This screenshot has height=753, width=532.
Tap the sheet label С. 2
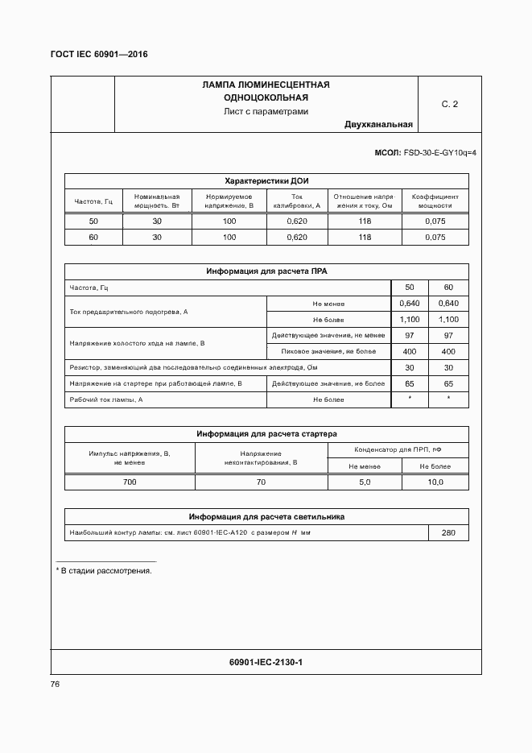pyautogui.click(x=449, y=105)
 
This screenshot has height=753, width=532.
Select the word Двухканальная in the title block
pyautogui.click(x=378, y=124)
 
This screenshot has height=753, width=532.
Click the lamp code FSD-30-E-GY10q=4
pyautogui.click(x=439, y=152)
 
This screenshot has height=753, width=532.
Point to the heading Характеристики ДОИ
pyautogui.click(x=266, y=180)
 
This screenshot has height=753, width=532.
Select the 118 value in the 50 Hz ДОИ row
pyautogui.click(x=365, y=221)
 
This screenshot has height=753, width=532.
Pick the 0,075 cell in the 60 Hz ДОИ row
pyautogui.click(x=435, y=238)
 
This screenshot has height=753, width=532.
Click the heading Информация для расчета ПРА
pyautogui.click(x=266, y=271)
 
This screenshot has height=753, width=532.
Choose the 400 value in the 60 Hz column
pyautogui.click(x=448, y=352)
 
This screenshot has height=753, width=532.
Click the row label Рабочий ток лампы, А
pyautogui.click(x=106, y=399)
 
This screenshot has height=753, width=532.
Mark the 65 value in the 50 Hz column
pyautogui.click(x=410, y=384)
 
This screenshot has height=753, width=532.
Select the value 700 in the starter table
pyautogui.click(x=130, y=482)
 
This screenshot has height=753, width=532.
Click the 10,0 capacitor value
pyautogui.click(x=435, y=482)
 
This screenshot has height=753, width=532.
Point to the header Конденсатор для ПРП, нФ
pyautogui.click(x=398, y=450)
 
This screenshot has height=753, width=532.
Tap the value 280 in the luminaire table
pyautogui.click(x=448, y=533)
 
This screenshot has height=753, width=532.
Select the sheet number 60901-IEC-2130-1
pyautogui.click(x=266, y=662)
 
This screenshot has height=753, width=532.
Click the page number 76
pyautogui.click(x=56, y=684)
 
